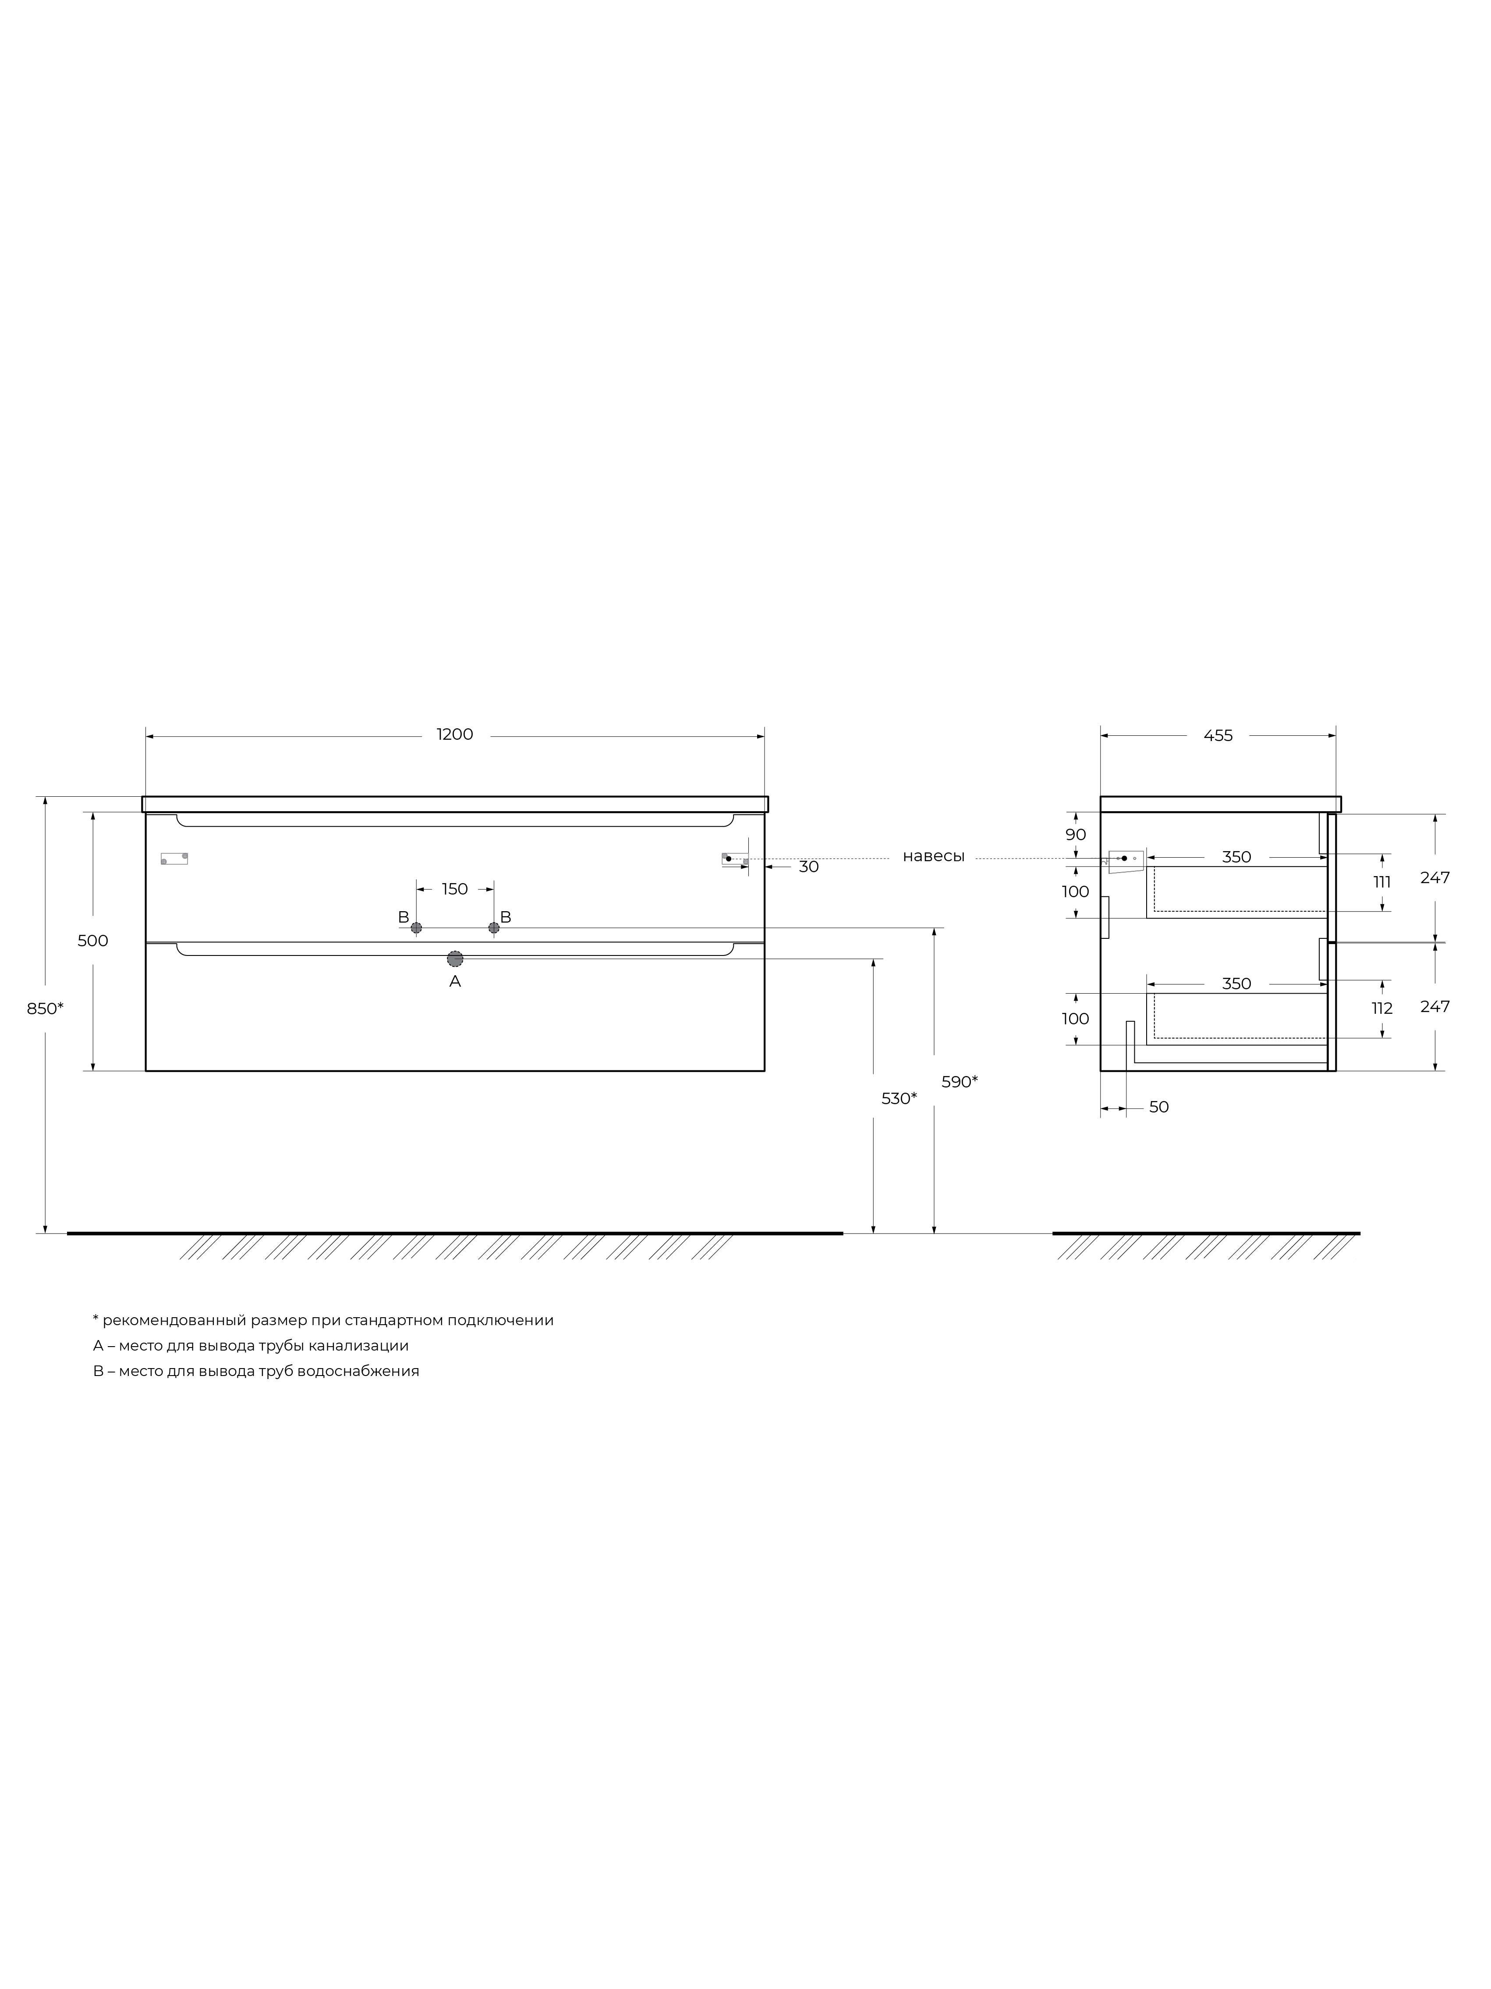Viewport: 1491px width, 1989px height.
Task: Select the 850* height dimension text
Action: tap(45, 1009)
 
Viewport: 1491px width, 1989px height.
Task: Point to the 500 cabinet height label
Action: tap(92, 941)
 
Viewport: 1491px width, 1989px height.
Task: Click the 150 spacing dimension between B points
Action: tap(455, 889)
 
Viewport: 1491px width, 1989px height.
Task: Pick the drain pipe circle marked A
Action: tap(455, 959)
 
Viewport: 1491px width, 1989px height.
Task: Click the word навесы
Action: tap(934, 857)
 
